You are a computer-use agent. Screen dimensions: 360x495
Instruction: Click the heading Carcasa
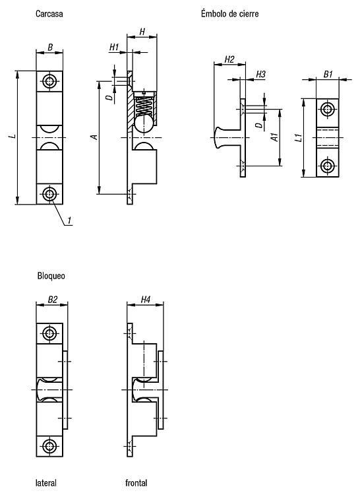coord(49,14)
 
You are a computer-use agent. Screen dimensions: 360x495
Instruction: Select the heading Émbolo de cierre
coord(230,14)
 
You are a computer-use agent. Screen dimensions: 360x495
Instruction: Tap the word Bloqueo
coord(51,276)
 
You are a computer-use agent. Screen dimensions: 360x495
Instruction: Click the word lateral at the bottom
coord(46,482)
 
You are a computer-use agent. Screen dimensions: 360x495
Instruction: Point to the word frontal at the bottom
coord(136,482)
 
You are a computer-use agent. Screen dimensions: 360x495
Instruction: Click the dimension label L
coord(13,137)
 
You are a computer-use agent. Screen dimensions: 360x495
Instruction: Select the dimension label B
coord(50,48)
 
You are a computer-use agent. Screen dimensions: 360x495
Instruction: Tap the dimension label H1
coord(114,47)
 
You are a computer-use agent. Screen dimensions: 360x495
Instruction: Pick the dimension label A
coord(94,137)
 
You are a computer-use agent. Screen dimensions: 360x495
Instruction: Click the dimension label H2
coord(229,59)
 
